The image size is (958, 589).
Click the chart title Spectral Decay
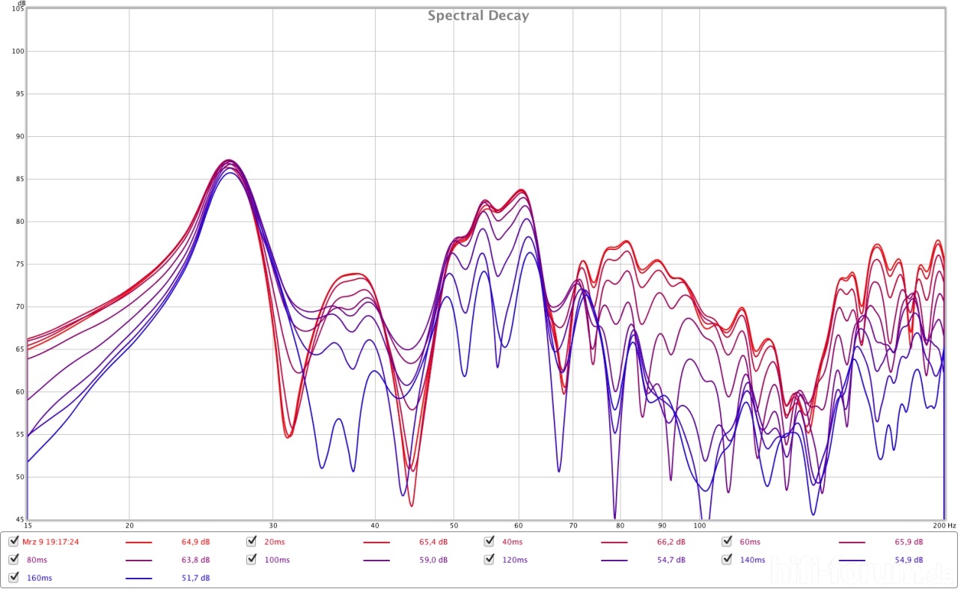click(x=478, y=16)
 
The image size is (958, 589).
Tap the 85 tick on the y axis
click(x=20, y=180)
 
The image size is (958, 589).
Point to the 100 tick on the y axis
click(x=19, y=52)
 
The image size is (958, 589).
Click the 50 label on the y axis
click(x=20, y=477)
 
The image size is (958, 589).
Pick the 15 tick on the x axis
click(x=28, y=525)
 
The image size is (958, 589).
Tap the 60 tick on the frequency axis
click(x=519, y=525)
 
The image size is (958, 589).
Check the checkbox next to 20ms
click(x=252, y=542)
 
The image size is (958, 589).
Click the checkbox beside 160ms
click(x=13, y=578)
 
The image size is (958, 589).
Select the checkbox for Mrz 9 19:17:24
click(x=13, y=542)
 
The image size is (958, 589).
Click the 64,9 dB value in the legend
click(x=195, y=542)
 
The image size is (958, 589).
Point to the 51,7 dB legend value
click(x=195, y=578)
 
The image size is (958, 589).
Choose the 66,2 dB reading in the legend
click(x=671, y=542)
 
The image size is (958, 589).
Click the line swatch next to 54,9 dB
click(x=852, y=560)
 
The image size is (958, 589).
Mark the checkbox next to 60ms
click(x=727, y=542)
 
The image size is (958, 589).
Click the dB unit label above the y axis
click(x=21, y=4)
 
